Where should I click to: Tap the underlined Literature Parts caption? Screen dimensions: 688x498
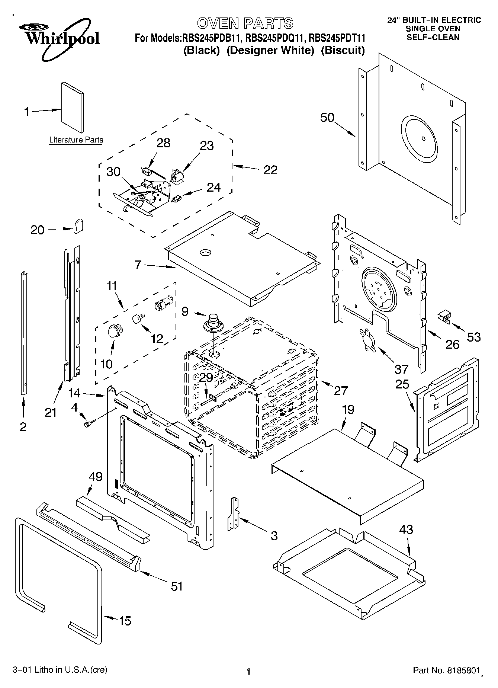click(76, 140)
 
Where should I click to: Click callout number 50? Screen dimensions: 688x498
click(327, 118)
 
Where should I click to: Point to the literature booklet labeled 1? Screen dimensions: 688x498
click(72, 108)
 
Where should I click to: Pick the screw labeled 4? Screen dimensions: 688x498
click(90, 423)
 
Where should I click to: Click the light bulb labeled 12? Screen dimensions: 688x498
click(138, 318)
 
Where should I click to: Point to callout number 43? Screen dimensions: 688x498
click(406, 529)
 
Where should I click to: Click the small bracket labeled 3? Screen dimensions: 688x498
click(234, 513)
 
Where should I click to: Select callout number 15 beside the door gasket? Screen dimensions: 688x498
click(125, 621)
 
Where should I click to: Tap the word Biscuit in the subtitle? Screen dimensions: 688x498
click(343, 51)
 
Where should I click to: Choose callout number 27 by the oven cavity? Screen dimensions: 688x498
click(340, 390)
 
